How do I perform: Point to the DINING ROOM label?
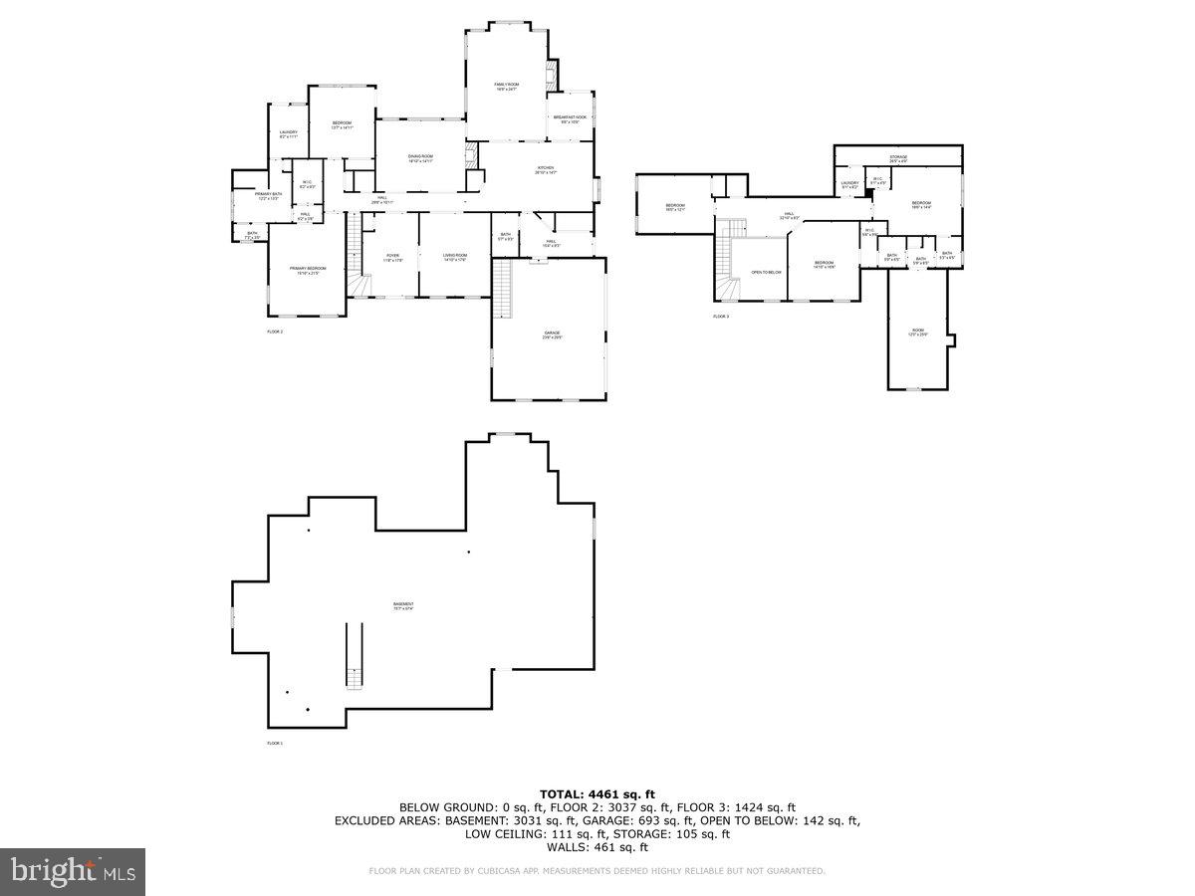tap(420, 158)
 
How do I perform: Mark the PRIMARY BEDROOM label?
tap(308, 270)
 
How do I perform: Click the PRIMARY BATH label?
tap(269, 195)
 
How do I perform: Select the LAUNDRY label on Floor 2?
tap(289, 133)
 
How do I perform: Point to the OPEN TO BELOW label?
tap(766, 272)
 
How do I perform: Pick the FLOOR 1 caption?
tap(275, 744)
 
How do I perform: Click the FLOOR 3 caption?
tap(721, 317)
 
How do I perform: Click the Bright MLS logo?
tap(73, 872)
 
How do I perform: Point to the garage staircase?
tap(503, 288)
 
